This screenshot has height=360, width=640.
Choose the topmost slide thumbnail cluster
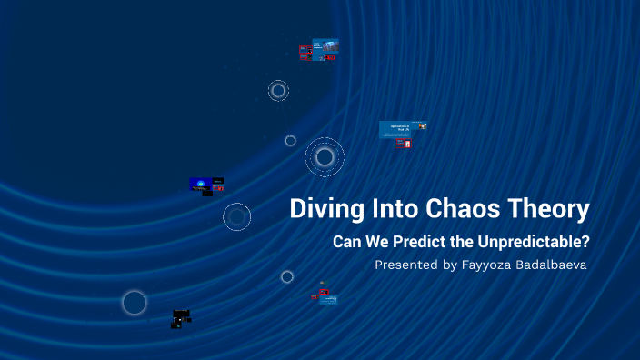coord(320,49)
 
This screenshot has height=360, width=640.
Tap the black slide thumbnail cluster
coord(181,318)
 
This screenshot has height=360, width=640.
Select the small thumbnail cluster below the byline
coord(325,295)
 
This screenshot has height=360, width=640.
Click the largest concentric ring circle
coord(324,157)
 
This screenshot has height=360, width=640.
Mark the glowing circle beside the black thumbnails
coord(135,303)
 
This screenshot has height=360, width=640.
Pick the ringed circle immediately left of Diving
coord(237,216)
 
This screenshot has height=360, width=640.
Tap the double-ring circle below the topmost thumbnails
coord(278,90)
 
